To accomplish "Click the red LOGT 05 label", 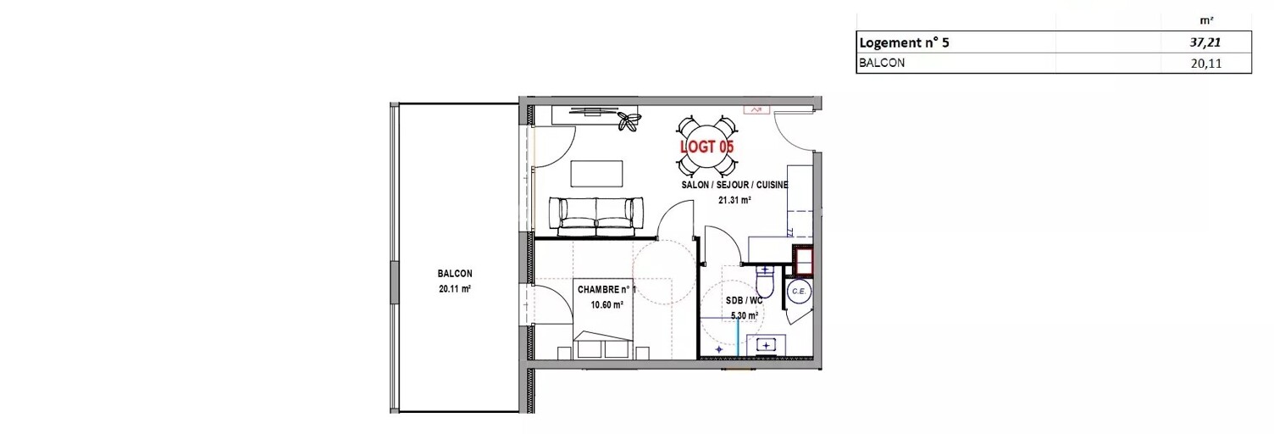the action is pyautogui.click(x=707, y=147).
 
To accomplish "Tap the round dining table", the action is pyautogui.click(x=707, y=146).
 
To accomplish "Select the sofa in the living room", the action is pyautogui.click(x=596, y=217).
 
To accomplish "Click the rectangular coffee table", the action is pyautogui.click(x=596, y=174).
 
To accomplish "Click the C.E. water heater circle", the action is pyautogui.click(x=799, y=292).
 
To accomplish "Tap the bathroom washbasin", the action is pyautogui.click(x=766, y=345).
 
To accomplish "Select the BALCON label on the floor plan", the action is pyautogui.click(x=455, y=274).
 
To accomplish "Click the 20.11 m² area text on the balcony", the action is pyautogui.click(x=455, y=289).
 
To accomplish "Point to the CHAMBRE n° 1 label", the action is pyautogui.click(x=607, y=290).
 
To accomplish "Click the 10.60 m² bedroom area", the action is pyautogui.click(x=607, y=305).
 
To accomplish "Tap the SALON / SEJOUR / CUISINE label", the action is pyautogui.click(x=734, y=185).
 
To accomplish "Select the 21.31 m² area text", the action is pyautogui.click(x=734, y=200).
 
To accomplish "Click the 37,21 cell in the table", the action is pyautogui.click(x=1205, y=42).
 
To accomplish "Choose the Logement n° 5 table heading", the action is pyautogui.click(x=905, y=42).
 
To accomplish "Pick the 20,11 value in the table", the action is pyautogui.click(x=1205, y=63).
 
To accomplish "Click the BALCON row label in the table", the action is pyautogui.click(x=882, y=63).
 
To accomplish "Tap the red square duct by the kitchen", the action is pyautogui.click(x=803, y=260).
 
